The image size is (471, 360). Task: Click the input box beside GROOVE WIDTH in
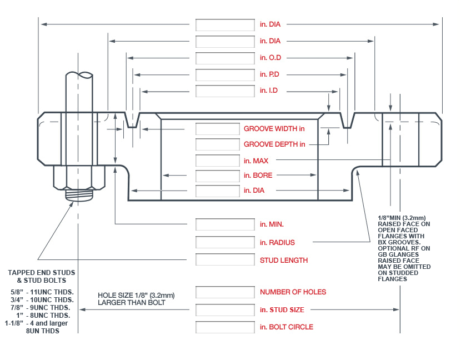pyautogui.click(x=217, y=129)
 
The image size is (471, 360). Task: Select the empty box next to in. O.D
pyautogui.click(x=224, y=58)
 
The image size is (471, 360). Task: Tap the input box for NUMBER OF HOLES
pyautogui.click(x=224, y=292)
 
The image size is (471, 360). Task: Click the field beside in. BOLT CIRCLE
pyautogui.click(x=224, y=327)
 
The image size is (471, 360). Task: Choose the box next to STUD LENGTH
pyautogui.click(x=224, y=260)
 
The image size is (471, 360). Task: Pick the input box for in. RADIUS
pyautogui.click(x=224, y=242)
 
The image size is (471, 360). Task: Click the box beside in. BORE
pyautogui.click(x=217, y=176)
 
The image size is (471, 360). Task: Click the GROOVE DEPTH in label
pyautogui.click(x=274, y=144)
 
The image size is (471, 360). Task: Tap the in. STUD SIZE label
pyautogui.click(x=282, y=309)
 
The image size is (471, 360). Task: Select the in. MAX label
pyautogui.click(x=256, y=161)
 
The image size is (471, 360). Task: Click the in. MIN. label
pyautogui.click(x=272, y=224)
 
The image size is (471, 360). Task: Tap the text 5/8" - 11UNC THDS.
pyautogui.click(x=42, y=292)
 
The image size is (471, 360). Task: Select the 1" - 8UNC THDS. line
pyautogui.click(x=42, y=316)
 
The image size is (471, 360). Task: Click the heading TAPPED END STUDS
pyautogui.click(x=42, y=273)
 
